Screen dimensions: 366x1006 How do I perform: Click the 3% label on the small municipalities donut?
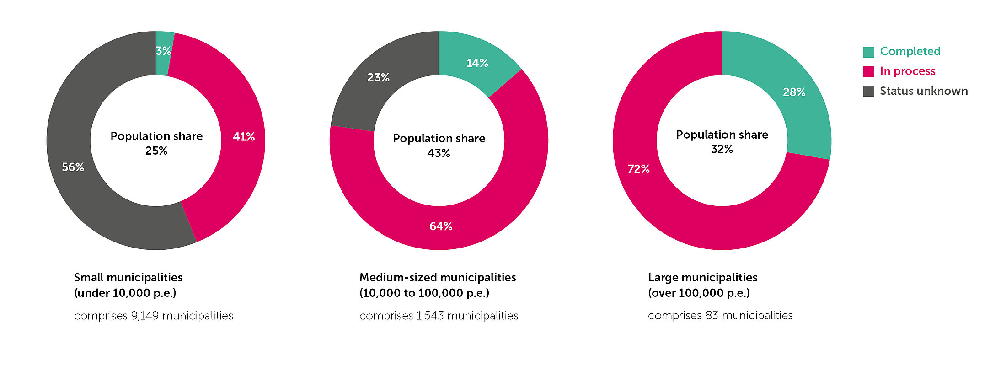tap(163, 51)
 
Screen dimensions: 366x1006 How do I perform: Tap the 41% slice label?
tap(244, 137)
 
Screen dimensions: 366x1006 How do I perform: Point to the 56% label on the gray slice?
tap(73, 167)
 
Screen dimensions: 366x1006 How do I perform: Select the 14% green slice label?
tap(477, 63)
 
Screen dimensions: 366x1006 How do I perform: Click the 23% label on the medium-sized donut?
tap(378, 78)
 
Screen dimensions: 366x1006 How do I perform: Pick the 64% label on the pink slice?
tap(441, 226)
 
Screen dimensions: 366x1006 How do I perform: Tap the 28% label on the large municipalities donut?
tap(794, 92)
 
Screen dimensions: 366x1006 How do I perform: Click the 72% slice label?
tap(638, 169)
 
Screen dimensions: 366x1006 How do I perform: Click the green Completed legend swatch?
tap(868, 52)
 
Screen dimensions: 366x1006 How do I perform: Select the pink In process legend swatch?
tap(868, 71)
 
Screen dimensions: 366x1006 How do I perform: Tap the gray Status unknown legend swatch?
tap(868, 91)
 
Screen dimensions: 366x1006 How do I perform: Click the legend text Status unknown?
tap(924, 91)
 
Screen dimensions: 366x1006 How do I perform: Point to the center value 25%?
tap(156, 151)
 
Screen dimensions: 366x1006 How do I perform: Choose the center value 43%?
tap(439, 153)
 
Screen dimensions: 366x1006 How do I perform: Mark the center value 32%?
tap(722, 149)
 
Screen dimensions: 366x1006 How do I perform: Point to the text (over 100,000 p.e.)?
tap(699, 293)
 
